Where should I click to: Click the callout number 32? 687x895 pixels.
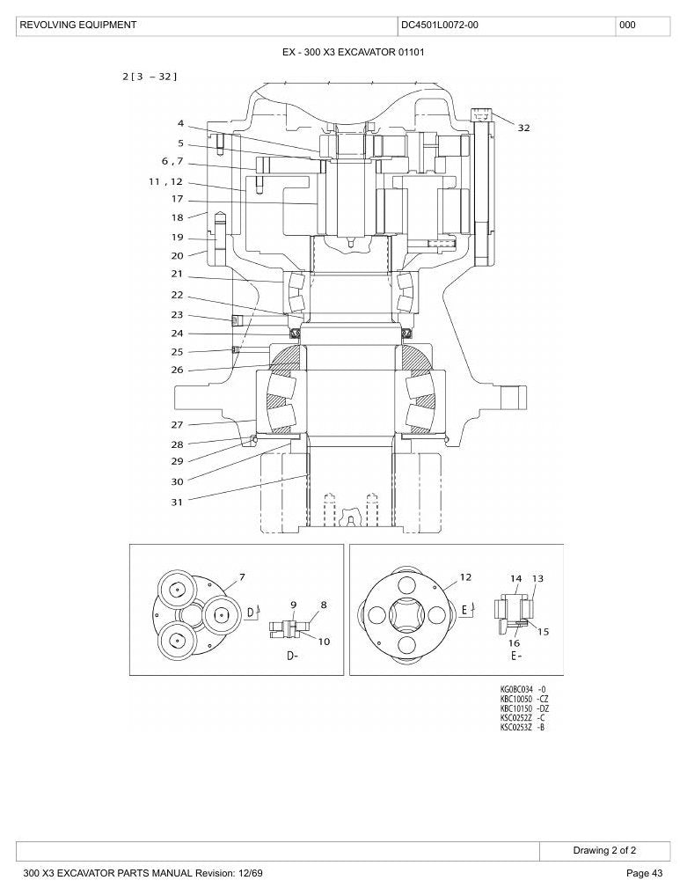[523, 128]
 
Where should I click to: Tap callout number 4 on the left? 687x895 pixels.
[180, 123]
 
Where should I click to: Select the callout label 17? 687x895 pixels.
[177, 199]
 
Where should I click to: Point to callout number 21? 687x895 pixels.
[177, 274]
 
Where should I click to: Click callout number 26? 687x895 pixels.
[177, 370]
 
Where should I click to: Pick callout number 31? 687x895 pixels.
[177, 503]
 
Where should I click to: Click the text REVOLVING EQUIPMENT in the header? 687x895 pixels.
[78, 26]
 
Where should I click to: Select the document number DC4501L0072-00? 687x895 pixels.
[439, 26]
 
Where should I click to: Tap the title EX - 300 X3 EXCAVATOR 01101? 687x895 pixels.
[354, 53]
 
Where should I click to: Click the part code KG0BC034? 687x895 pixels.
[516, 690]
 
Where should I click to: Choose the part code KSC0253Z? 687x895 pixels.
[516, 727]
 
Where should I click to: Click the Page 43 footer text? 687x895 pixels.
[644, 873]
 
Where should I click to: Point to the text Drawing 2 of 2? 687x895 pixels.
[604, 850]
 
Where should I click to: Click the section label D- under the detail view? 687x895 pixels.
[292, 657]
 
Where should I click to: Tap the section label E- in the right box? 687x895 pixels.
[516, 657]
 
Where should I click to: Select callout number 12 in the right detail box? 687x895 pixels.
[465, 577]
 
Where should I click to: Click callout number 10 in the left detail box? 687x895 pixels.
[324, 642]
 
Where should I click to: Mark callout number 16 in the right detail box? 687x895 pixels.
[514, 643]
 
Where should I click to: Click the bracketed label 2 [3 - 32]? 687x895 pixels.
[150, 76]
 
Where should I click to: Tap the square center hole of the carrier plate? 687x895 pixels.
[406, 615]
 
